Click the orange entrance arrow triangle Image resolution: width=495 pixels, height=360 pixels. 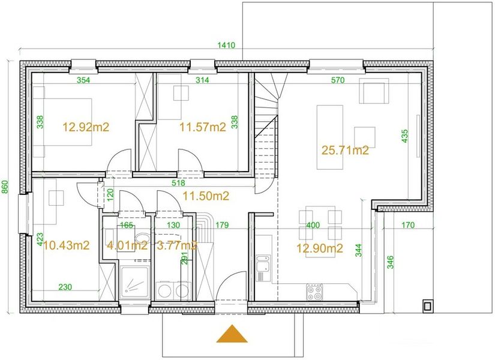tap(232, 334)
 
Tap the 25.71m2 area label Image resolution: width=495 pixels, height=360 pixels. tap(345, 151)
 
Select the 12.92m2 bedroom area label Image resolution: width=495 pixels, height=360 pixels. tap(86, 127)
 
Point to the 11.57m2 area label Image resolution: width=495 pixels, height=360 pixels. tap(203, 127)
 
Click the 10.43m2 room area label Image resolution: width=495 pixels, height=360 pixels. tap(66, 245)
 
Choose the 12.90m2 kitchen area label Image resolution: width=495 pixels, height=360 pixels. tap(319, 248)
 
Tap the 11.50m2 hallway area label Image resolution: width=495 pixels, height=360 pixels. tap(206, 196)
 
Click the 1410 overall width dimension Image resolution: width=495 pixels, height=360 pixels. tap(226, 45)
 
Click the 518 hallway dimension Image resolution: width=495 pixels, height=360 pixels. tap(178, 183)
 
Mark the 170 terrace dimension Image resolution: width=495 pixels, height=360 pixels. tap(408, 225)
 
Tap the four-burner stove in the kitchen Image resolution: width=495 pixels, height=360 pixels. tap(315, 292)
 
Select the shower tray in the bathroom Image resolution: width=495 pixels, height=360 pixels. tap(134, 282)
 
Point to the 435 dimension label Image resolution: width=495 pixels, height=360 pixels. tap(405, 136)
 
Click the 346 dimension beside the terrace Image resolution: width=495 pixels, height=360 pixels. tap(391, 262)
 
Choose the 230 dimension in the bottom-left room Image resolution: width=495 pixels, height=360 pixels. tap(65, 287)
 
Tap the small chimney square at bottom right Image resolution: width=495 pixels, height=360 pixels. tap(427, 305)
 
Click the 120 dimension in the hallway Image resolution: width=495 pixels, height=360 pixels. tap(110, 195)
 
